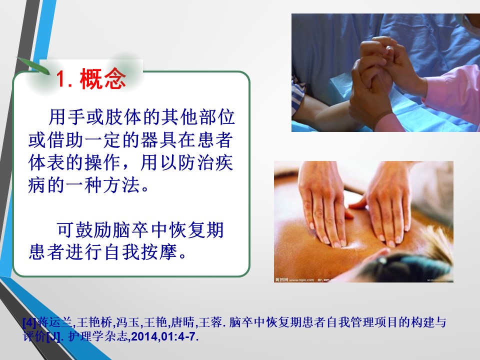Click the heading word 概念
coord(103,78)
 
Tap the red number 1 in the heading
coord(61,79)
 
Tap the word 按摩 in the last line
coord(159,252)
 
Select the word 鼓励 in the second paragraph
coord(93,230)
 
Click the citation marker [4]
coord(29,322)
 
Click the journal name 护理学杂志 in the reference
coord(97,336)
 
